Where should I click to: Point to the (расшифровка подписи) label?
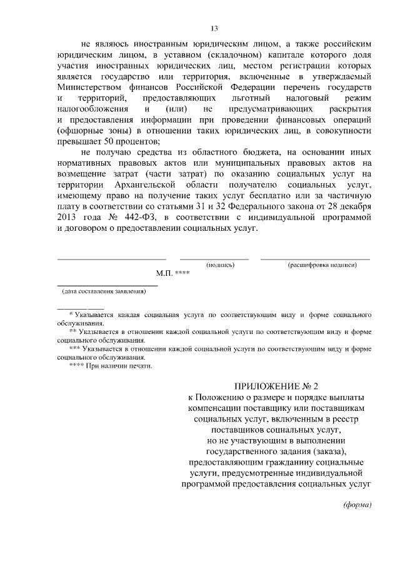(x=322, y=265)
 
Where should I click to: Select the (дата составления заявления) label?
(x=103, y=291)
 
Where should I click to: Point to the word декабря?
(x=356, y=207)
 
